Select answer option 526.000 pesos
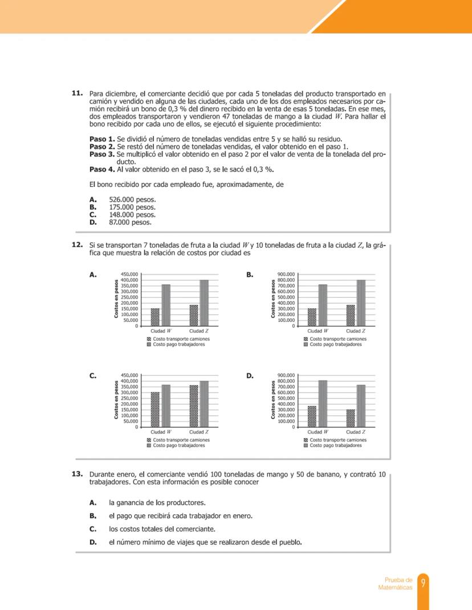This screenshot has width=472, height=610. [x=132, y=200]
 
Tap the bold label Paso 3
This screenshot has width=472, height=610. [x=102, y=154]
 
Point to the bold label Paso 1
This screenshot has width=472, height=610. [x=102, y=139]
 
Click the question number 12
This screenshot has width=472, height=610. [x=78, y=245]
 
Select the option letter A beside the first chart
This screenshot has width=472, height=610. [x=92, y=275]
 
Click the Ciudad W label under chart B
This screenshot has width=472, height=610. [x=318, y=330]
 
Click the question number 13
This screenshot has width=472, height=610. [x=78, y=474]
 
